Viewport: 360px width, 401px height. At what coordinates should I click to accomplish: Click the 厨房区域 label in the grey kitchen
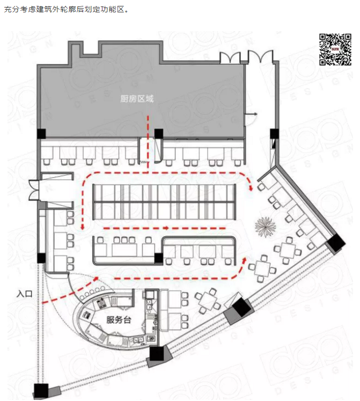[x=137, y=98]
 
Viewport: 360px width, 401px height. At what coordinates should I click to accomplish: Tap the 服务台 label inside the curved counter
[x=119, y=320]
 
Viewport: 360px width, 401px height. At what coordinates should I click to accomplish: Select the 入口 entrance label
[x=25, y=294]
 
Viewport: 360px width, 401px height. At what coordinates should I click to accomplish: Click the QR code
[x=335, y=49]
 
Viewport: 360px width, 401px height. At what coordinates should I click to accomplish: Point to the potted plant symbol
[x=266, y=227]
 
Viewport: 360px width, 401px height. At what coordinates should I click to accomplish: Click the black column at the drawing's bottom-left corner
[x=41, y=391]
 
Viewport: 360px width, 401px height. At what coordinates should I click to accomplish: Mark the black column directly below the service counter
[x=157, y=353]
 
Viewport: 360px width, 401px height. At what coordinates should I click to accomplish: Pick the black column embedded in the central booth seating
[x=158, y=258]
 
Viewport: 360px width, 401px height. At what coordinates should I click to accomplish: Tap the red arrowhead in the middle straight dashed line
[x=166, y=228]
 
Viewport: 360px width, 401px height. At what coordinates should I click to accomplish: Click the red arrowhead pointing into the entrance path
[x=96, y=278]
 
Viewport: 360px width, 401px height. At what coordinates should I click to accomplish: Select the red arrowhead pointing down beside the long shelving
[x=82, y=227]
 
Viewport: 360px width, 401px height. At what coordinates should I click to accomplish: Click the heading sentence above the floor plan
[x=66, y=10]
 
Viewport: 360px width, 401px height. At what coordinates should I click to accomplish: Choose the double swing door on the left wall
[x=34, y=189]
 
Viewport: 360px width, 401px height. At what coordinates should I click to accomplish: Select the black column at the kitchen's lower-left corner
[x=41, y=134]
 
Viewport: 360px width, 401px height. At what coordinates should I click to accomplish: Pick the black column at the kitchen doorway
[x=158, y=134]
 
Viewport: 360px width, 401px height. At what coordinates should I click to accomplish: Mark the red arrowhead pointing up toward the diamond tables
[x=245, y=260]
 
